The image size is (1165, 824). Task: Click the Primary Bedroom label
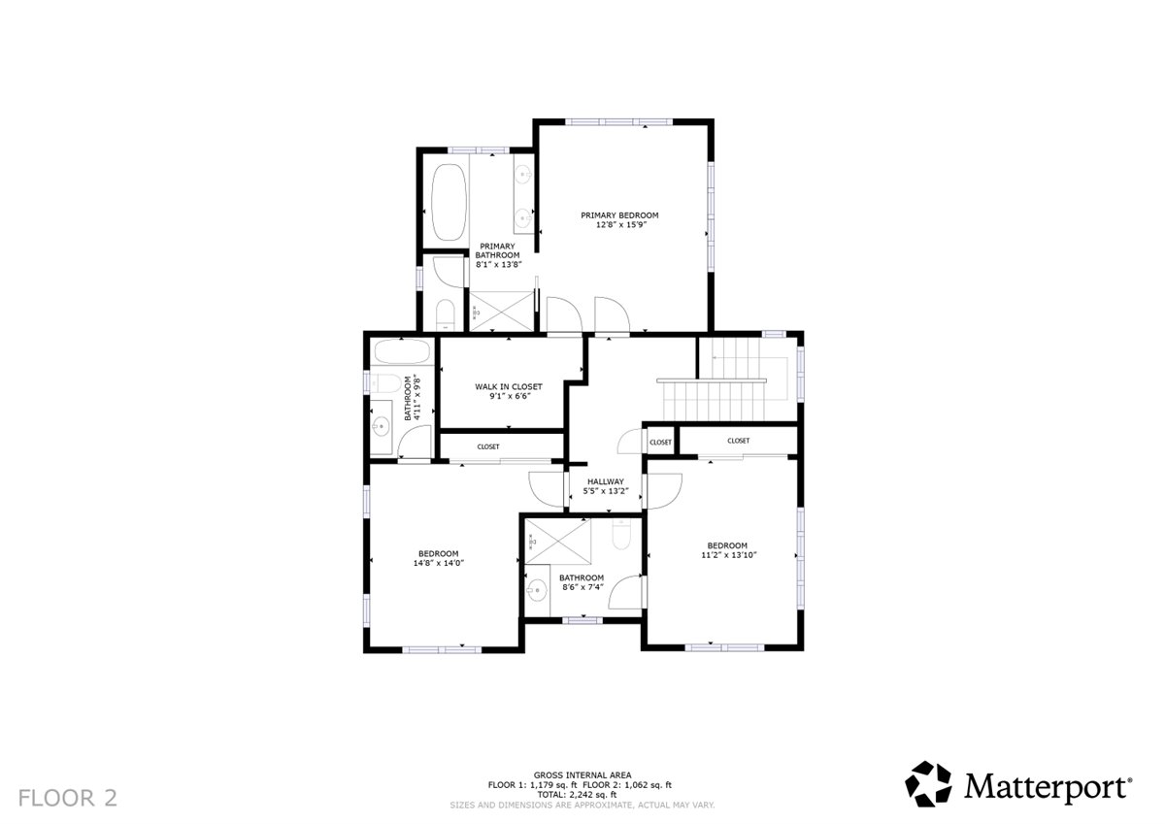point(619,215)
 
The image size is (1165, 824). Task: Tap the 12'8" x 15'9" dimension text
point(620,225)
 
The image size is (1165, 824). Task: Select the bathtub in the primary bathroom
point(449,202)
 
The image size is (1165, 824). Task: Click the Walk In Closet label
point(509,387)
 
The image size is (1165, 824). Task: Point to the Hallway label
point(606,482)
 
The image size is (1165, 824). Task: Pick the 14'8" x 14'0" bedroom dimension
point(439,563)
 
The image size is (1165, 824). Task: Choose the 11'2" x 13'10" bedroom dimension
point(728,555)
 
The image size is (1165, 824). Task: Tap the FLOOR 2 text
point(68,798)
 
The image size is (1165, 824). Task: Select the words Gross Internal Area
point(582,775)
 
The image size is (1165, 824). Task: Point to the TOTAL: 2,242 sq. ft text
point(577,794)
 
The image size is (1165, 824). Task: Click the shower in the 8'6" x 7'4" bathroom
point(558,542)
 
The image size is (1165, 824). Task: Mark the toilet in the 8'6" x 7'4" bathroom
point(621,534)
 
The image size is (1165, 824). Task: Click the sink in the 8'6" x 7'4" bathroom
point(536,590)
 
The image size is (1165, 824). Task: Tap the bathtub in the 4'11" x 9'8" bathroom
point(402,351)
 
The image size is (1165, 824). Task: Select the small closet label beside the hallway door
point(660,443)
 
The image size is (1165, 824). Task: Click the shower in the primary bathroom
point(501,311)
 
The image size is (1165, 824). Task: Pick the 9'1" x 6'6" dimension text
point(509,396)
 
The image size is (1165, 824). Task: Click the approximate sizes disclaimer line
point(582,806)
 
